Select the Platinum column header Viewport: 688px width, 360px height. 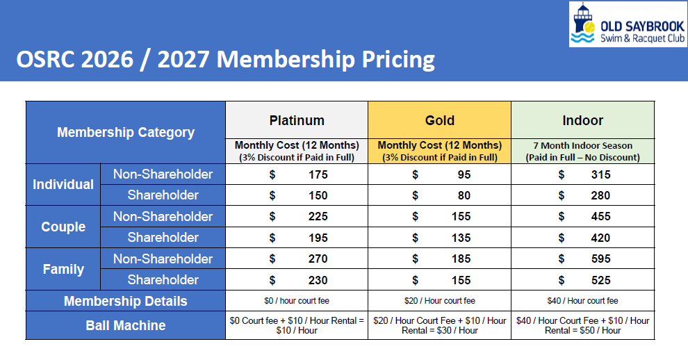[297, 120]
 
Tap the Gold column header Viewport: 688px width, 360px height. [440, 120]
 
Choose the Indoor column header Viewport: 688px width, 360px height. [582, 120]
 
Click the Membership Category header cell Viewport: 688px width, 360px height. [126, 132]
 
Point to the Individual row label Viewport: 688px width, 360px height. [63, 184]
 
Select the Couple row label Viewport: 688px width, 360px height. [63, 227]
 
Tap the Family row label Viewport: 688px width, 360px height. [63, 269]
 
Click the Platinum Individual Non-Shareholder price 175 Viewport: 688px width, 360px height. [318, 174]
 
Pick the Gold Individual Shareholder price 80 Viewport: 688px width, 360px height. [464, 195]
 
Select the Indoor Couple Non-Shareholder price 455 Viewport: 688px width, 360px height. [600, 216]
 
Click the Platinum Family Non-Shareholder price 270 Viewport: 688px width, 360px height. [318, 259]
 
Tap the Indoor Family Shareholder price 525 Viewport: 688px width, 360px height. [600, 280]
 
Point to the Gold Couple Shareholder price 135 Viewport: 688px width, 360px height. [461, 238]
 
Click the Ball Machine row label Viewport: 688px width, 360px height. [126, 325]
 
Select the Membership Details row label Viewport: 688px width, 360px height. [126, 301]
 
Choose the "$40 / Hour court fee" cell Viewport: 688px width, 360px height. [582, 301]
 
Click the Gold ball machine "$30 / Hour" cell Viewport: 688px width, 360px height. [440, 326]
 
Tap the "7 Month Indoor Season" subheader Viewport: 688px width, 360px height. [582, 145]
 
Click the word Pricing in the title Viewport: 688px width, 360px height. [398, 59]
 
